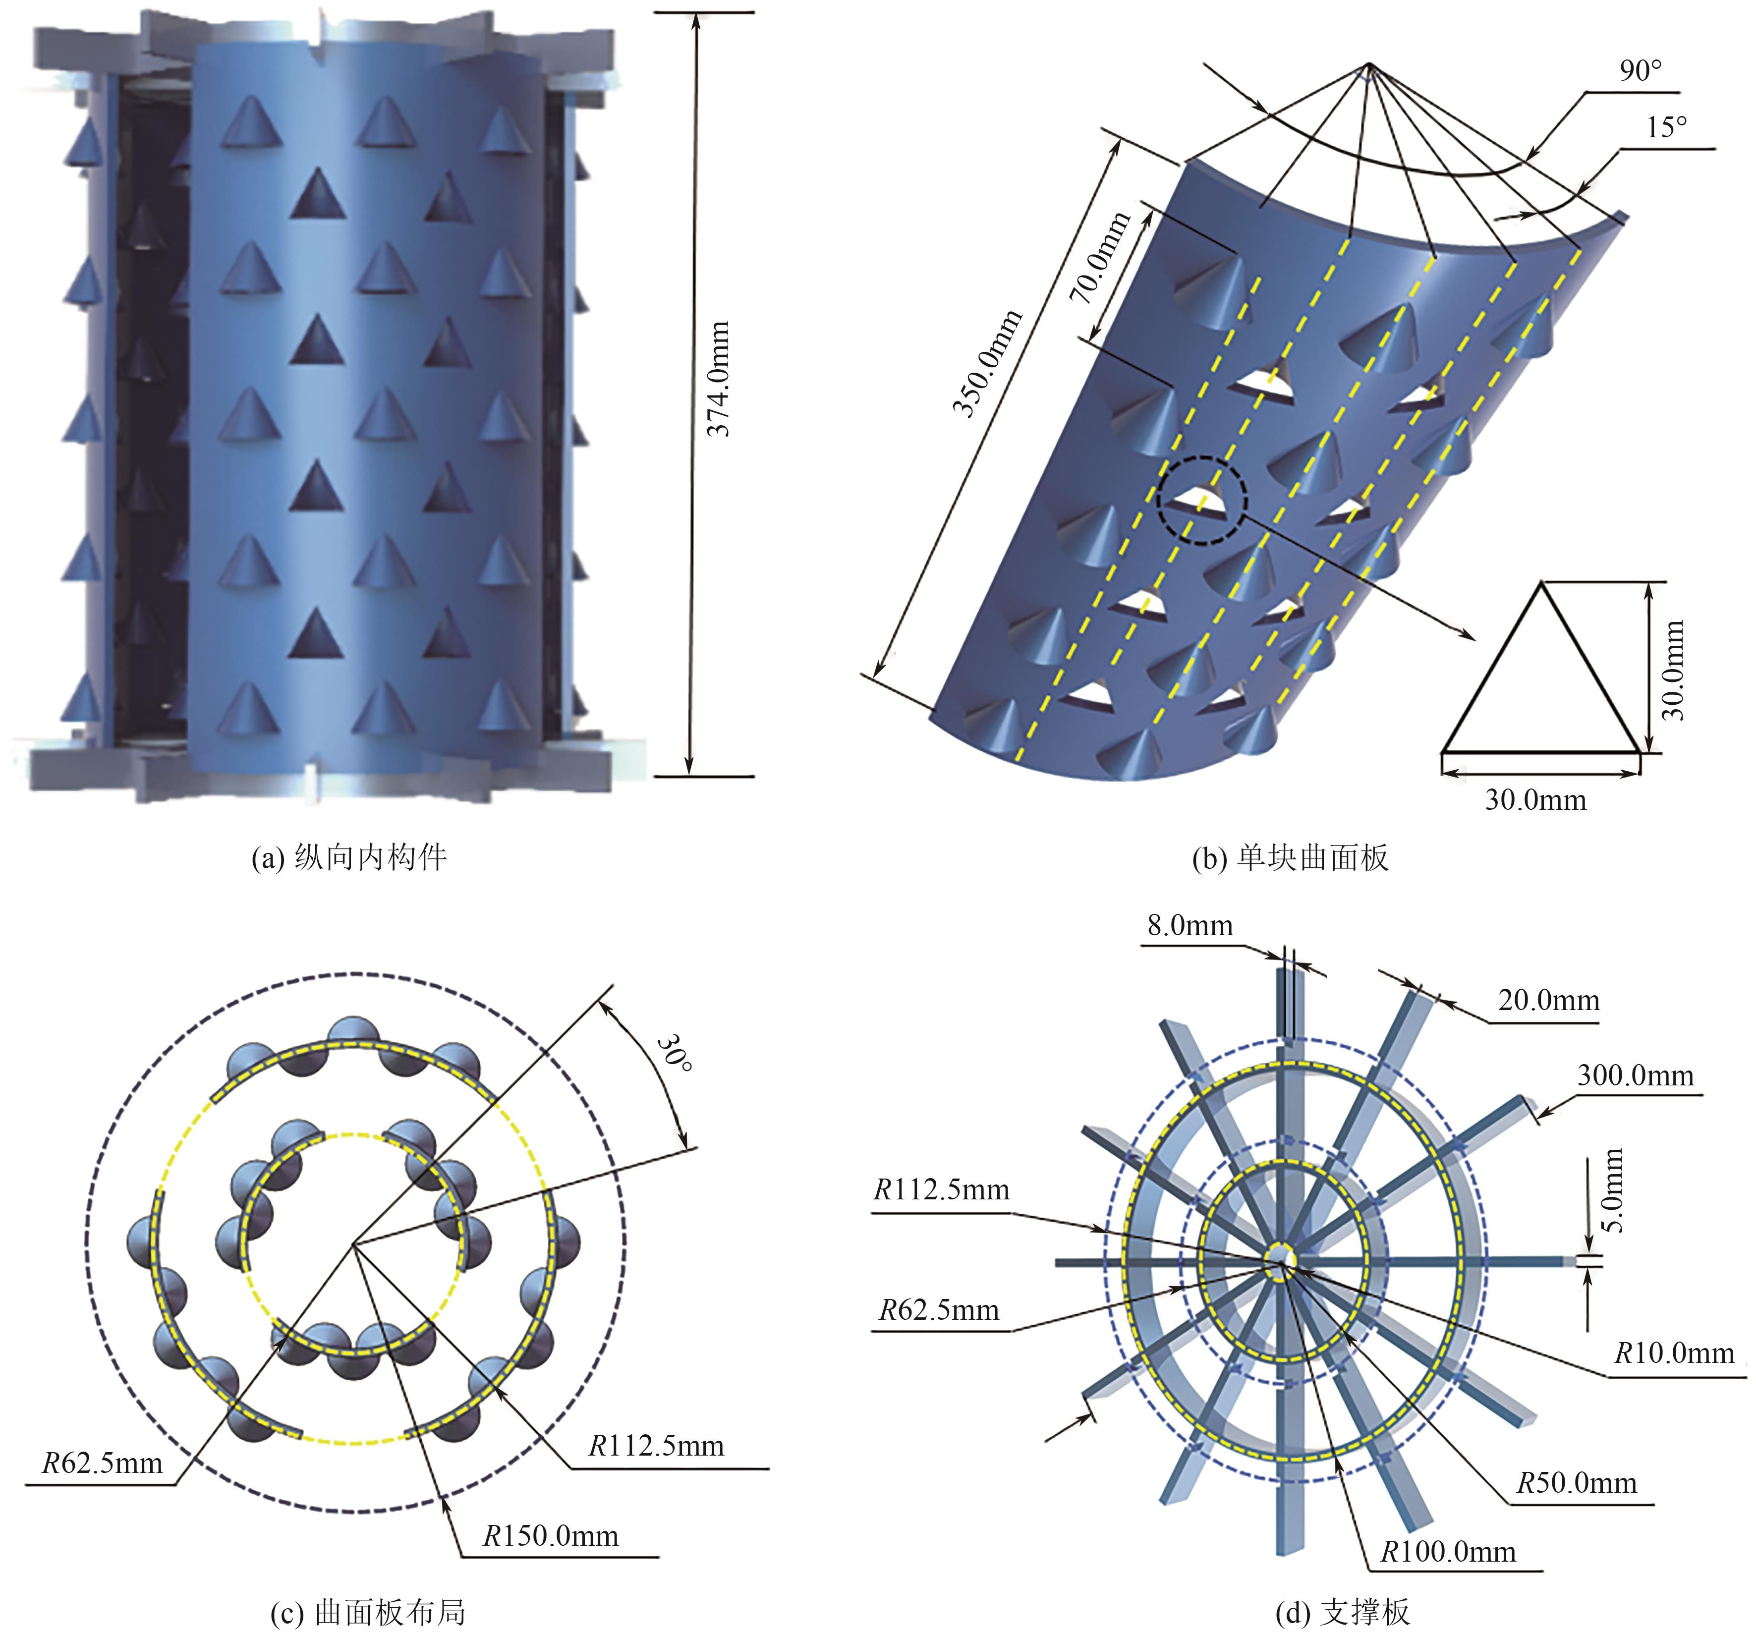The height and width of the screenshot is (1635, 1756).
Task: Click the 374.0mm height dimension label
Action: point(719,379)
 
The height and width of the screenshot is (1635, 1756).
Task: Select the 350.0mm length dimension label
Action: point(987,363)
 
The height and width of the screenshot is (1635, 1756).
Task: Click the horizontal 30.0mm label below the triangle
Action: point(1535,800)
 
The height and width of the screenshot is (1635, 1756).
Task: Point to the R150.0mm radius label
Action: point(550,1535)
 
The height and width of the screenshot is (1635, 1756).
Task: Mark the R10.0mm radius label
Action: point(1674,1353)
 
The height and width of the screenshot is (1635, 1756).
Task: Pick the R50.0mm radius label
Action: point(1577,1482)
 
